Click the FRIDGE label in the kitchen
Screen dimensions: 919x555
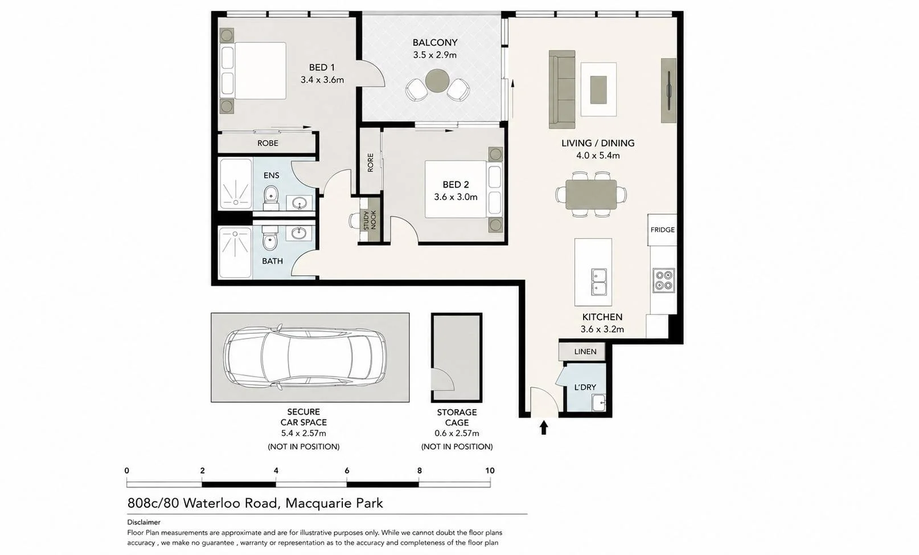662,230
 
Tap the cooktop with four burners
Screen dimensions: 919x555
663,280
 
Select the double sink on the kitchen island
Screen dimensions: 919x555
599,281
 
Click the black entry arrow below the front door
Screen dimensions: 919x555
544,427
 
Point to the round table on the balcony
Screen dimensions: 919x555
437,80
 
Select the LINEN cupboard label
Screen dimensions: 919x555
585,352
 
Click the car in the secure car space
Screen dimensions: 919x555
305,356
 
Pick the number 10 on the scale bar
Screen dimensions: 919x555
490,471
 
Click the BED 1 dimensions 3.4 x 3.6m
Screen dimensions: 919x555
322,80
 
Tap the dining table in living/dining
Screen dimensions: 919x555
591,194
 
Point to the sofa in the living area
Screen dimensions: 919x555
561,89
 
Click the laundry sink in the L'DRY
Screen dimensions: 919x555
598,402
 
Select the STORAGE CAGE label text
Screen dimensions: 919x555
457,417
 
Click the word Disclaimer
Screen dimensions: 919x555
143,522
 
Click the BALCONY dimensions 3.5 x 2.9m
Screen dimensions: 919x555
435,55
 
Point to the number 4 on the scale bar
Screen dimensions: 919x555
276,471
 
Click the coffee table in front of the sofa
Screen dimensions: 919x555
598,89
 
